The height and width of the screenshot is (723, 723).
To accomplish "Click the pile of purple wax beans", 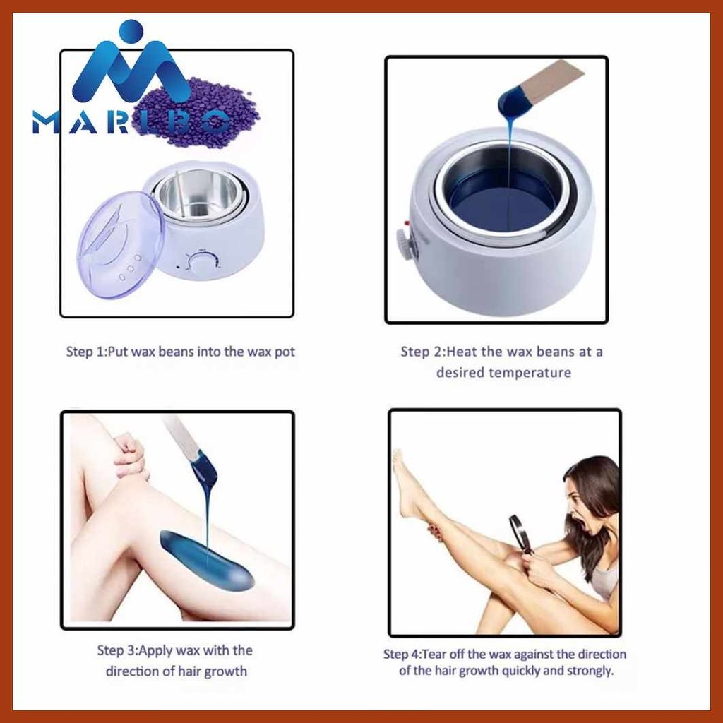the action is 198,113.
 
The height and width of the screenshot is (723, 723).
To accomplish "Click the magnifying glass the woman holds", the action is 520,533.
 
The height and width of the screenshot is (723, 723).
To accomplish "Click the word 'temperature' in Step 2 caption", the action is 503,373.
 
